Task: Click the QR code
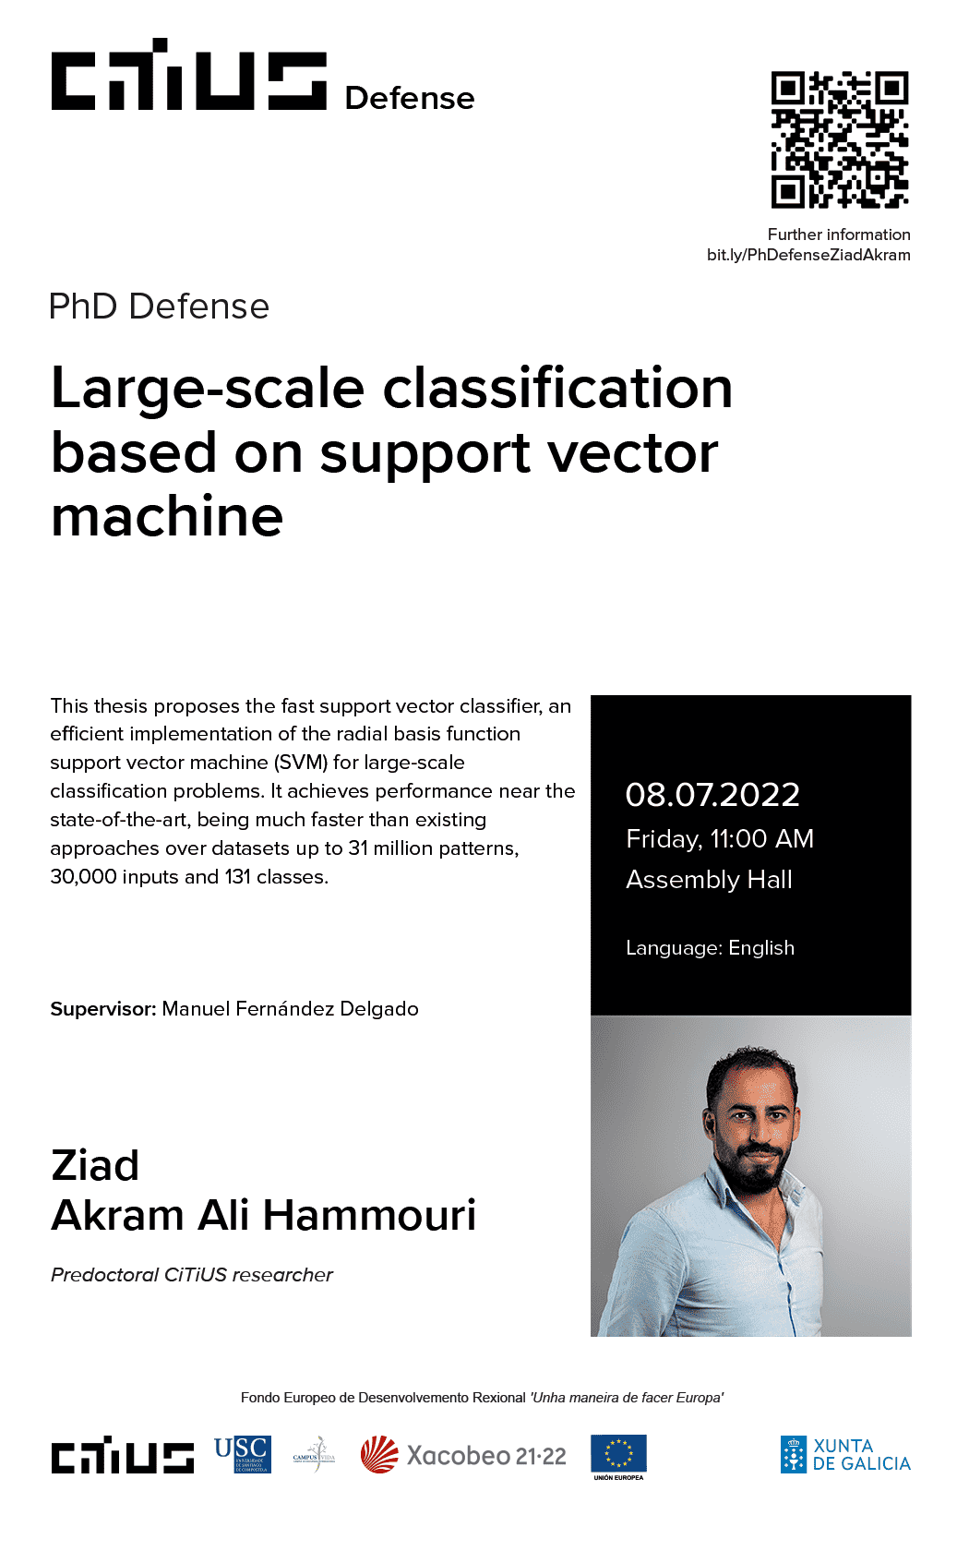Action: [x=840, y=139]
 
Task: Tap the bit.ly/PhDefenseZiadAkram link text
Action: [x=808, y=256]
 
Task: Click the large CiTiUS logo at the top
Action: [x=189, y=76]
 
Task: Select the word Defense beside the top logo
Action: [x=409, y=99]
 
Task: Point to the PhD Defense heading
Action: [x=159, y=307]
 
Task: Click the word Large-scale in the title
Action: [x=208, y=389]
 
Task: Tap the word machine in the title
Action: [x=167, y=516]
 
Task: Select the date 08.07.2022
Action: [x=712, y=795]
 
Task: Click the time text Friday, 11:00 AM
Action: [x=720, y=839]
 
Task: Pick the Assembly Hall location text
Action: [x=709, y=880]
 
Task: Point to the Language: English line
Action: [x=710, y=948]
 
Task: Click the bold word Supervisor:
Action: [x=103, y=1009]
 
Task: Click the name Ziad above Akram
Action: [x=95, y=1166]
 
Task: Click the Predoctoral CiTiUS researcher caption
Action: [x=192, y=1275]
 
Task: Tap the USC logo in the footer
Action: [x=242, y=1455]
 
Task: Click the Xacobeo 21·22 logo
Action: [x=463, y=1456]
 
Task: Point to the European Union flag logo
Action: [x=618, y=1455]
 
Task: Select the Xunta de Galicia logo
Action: [x=845, y=1455]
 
